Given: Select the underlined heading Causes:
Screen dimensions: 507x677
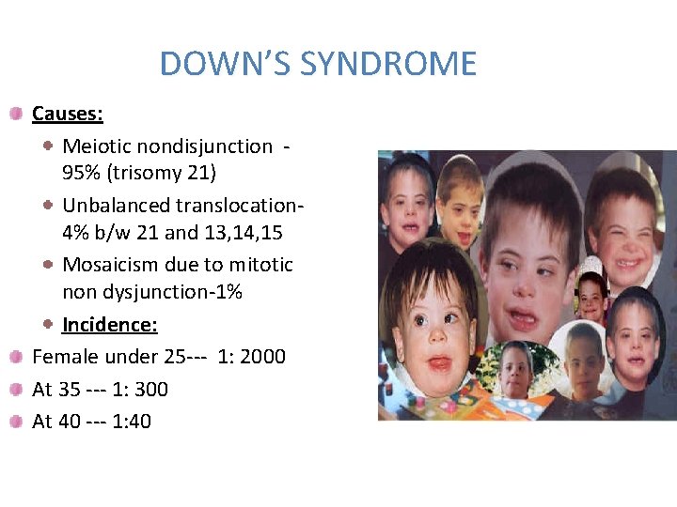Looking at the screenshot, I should point(68,115).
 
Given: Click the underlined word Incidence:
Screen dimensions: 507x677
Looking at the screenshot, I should point(109,325).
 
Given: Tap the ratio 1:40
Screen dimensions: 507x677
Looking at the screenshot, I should point(132,422).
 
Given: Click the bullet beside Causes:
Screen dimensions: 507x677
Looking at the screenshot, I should point(18,115).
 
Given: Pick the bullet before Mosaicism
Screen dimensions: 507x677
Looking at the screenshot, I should point(48,265).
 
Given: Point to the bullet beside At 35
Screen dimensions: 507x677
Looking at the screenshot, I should point(18,390).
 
